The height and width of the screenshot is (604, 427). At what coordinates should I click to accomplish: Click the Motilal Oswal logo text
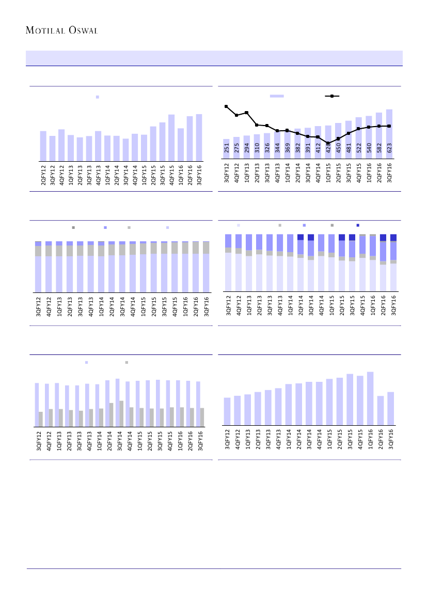tap(61, 30)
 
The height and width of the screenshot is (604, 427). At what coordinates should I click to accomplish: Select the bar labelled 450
tap(338, 142)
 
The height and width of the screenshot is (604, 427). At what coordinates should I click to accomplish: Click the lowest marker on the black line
tap(328, 143)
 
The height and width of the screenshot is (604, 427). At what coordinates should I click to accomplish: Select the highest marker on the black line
tap(226, 106)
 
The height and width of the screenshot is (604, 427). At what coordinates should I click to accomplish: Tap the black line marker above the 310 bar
tap(257, 125)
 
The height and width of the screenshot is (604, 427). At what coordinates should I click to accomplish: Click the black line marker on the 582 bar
tap(379, 126)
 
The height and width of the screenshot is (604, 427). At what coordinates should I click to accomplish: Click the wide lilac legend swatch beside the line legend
tap(277, 96)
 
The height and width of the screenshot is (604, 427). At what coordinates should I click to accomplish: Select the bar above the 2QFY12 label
tap(43, 146)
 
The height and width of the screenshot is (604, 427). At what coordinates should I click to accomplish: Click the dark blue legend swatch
tap(358, 225)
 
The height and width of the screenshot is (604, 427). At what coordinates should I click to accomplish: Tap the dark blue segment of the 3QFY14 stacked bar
tap(311, 238)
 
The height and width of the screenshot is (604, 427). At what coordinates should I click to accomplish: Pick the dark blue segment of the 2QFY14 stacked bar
tap(301, 237)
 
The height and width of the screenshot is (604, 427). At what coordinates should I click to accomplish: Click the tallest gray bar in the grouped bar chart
tap(121, 414)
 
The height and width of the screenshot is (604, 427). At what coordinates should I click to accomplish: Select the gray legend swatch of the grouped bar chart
tap(126, 363)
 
